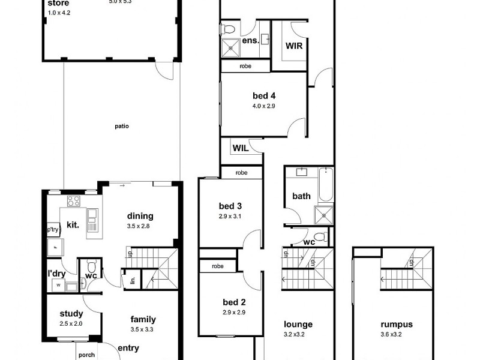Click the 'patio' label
(x=122, y=127)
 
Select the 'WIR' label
(x=293, y=45)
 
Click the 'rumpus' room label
(x=392, y=325)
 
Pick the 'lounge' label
(x=298, y=325)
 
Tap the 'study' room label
(x=71, y=314)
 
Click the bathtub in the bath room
(x=325, y=185)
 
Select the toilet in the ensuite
(x=229, y=29)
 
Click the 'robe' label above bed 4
(x=245, y=66)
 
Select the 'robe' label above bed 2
(x=217, y=266)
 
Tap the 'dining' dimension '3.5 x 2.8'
(x=140, y=226)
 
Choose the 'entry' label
(x=128, y=348)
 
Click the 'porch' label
(x=86, y=355)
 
